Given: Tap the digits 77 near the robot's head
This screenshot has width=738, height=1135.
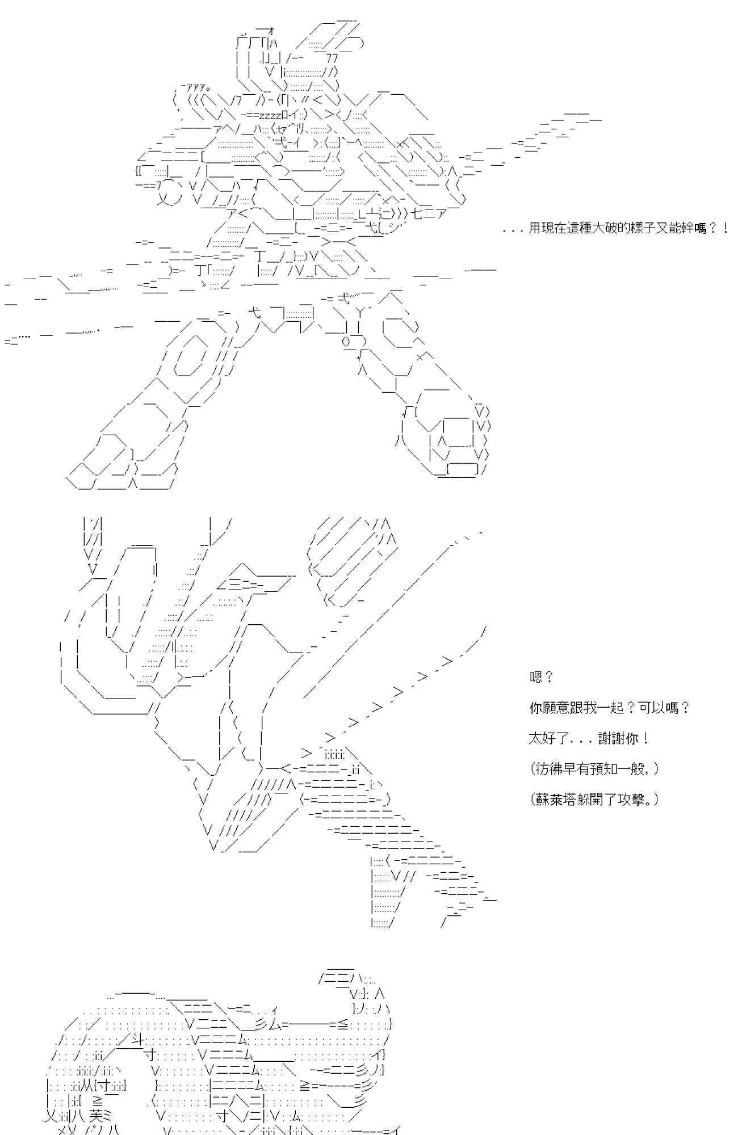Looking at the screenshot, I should pyautogui.click(x=332, y=58).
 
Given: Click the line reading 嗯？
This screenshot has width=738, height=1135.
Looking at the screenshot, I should pyautogui.click(x=541, y=677).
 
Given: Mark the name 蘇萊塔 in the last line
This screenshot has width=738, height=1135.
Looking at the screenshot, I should pyautogui.click(x=553, y=800).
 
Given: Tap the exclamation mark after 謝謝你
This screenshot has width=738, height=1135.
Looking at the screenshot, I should pyautogui.click(x=647, y=738).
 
